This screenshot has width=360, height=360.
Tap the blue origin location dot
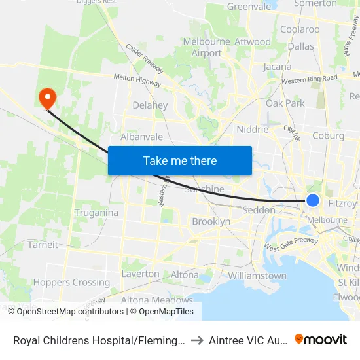tap(313, 201)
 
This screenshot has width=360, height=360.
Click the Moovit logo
tap(321, 339)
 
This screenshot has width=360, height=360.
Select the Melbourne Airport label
tap(202, 47)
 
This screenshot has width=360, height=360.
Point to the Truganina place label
tap(96, 213)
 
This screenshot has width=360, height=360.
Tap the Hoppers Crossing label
tap(72, 283)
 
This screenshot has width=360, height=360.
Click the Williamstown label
tap(258, 276)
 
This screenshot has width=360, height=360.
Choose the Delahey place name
tap(150, 105)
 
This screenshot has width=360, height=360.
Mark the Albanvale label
tap(141, 137)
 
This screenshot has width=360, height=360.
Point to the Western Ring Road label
tap(310, 79)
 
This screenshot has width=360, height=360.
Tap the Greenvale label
tap(249, 7)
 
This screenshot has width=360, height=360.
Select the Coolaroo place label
tap(300, 29)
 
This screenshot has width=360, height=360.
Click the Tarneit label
tap(43, 245)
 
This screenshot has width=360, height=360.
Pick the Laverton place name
tap(140, 274)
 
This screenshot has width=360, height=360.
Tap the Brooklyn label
tap(211, 222)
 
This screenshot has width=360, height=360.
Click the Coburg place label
tap(328, 136)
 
